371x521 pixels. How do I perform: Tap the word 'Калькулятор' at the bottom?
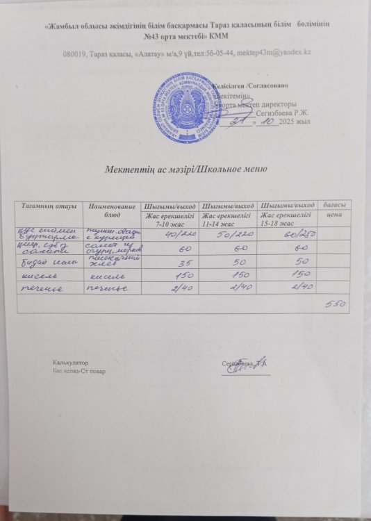71,364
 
